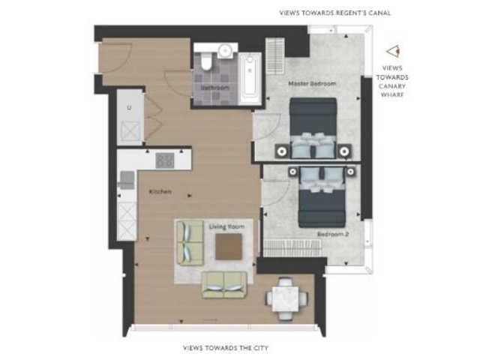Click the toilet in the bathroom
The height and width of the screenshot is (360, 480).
point(206,61)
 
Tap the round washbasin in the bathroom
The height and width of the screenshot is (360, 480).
point(226,50)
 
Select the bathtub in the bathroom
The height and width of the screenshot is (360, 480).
point(250,78)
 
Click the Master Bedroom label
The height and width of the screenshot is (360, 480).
point(312,83)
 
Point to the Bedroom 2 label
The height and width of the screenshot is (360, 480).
point(333,235)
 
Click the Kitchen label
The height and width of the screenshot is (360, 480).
point(160,192)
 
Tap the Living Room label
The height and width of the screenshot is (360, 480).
point(226,226)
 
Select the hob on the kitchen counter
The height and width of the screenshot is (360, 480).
point(165,160)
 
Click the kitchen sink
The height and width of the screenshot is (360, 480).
point(127,180)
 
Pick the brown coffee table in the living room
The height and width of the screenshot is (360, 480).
point(228,247)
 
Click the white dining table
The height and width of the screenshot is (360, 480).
point(286,298)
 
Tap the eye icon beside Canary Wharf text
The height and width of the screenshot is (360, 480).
point(393,52)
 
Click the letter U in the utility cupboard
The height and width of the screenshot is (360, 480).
point(129,107)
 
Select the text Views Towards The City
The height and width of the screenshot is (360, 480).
point(226,348)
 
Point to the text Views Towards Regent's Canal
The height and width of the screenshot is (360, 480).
point(335,13)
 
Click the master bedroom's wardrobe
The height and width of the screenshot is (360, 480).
point(275,56)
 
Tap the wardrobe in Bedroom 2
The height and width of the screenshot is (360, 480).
point(292,247)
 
